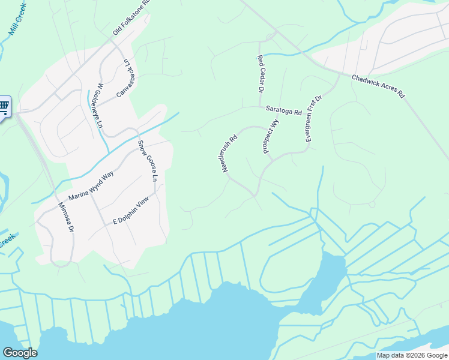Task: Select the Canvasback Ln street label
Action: tap(123, 79)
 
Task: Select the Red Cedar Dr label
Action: tap(261, 74)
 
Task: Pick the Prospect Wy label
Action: tap(271, 136)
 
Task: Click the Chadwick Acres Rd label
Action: tap(378, 86)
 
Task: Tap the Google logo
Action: tap(20, 353)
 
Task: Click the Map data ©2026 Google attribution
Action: tap(412, 355)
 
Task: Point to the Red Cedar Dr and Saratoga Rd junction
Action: tap(261, 108)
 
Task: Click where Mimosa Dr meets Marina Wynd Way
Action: tap(58, 198)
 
